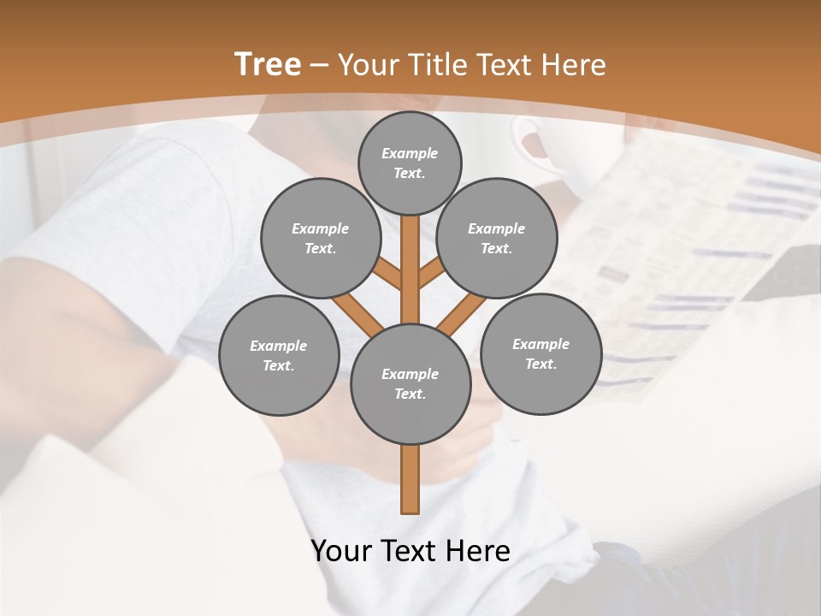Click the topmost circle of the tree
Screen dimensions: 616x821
pos(410,163)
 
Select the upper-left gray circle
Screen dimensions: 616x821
pos(320,238)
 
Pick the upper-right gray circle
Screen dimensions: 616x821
pos(496,238)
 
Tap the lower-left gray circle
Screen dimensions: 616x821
pos(279,355)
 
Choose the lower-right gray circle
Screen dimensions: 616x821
pos(540,353)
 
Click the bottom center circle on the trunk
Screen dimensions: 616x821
pos(410,383)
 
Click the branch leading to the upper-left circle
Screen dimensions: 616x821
pos(388,275)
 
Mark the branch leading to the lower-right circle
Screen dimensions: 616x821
pos(463,313)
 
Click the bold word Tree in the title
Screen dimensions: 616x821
pos(268,64)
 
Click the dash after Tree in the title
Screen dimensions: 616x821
pos(319,65)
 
